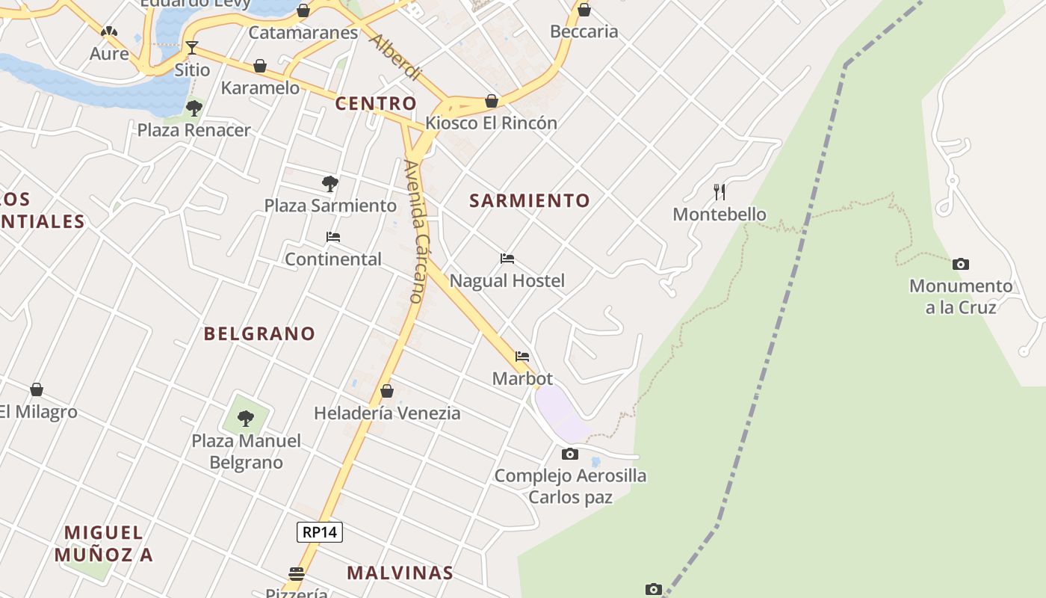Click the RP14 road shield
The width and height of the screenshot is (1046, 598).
point(320,532)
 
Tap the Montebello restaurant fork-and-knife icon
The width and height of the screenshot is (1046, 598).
point(719,192)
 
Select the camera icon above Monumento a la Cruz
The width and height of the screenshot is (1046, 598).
point(961,264)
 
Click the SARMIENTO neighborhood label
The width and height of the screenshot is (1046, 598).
point(530,200)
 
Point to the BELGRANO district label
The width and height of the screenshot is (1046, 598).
point(259,333)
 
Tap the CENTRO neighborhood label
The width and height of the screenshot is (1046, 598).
point(375,103)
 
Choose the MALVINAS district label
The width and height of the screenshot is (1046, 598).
point(400,573)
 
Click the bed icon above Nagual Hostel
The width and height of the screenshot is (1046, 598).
point(507,259)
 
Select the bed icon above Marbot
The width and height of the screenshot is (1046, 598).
point(522,357)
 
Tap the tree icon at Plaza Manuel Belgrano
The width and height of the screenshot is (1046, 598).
point(246,418)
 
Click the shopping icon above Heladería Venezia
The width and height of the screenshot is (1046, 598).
point(387,391)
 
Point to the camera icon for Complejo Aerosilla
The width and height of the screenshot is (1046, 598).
point(570,454)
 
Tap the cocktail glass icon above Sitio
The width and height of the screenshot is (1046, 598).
point(192,48)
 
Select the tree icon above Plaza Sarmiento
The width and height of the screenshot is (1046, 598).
point(329,183)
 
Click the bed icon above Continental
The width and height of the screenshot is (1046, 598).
point(333,237)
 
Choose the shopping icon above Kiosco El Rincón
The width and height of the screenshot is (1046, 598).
point(492,101)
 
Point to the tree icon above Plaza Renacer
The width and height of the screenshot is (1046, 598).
point(194,108)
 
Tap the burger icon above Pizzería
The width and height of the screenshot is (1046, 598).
point(297,574)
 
